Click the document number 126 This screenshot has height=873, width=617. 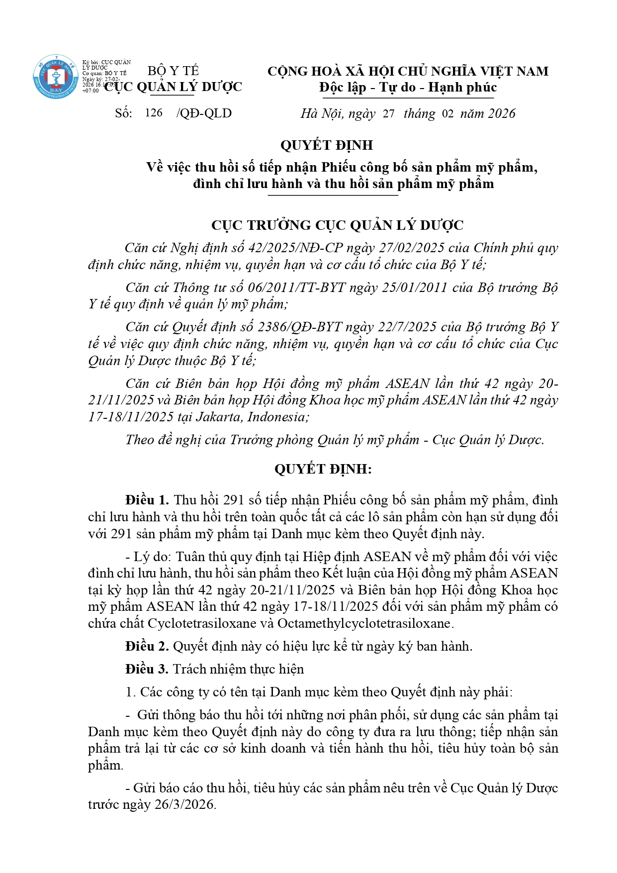point(154,113)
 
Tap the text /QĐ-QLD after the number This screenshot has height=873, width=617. point(204,113)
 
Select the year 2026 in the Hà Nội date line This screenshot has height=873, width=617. point(501,113)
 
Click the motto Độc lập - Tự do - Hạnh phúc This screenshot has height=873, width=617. point(408,88)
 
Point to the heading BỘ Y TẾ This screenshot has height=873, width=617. point(173,71)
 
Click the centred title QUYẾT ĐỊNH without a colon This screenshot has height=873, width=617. point(326,145)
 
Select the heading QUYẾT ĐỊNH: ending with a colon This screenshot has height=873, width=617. point(323,469)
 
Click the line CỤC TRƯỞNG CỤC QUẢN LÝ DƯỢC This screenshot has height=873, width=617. point(337,225)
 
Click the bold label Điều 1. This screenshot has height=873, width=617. point(147,500)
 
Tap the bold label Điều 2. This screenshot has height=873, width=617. point(147,646)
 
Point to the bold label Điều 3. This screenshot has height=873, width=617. point(147,669)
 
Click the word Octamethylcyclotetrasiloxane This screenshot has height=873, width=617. point(364,623)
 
